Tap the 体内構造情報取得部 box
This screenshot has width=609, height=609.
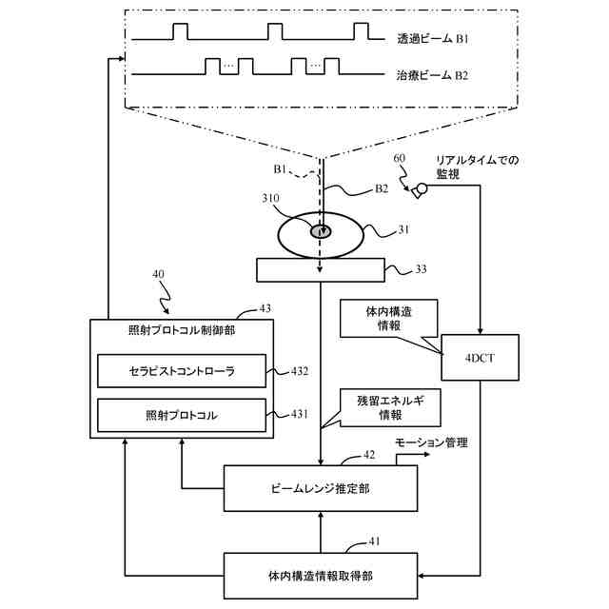pos(321,577)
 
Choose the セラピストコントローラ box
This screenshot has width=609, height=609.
pos(181,370)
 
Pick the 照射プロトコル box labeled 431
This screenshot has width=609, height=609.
pos(181,415)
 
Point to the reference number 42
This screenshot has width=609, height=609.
pos(369,456)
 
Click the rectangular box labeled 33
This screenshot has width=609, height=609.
pos(320,270)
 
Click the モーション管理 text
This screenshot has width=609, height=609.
pos(433,443)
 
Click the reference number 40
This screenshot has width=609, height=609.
pos(158,275)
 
